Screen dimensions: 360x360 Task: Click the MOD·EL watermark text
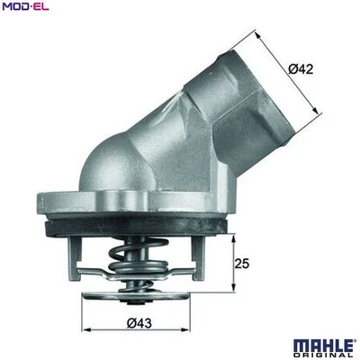tap(26, 8)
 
